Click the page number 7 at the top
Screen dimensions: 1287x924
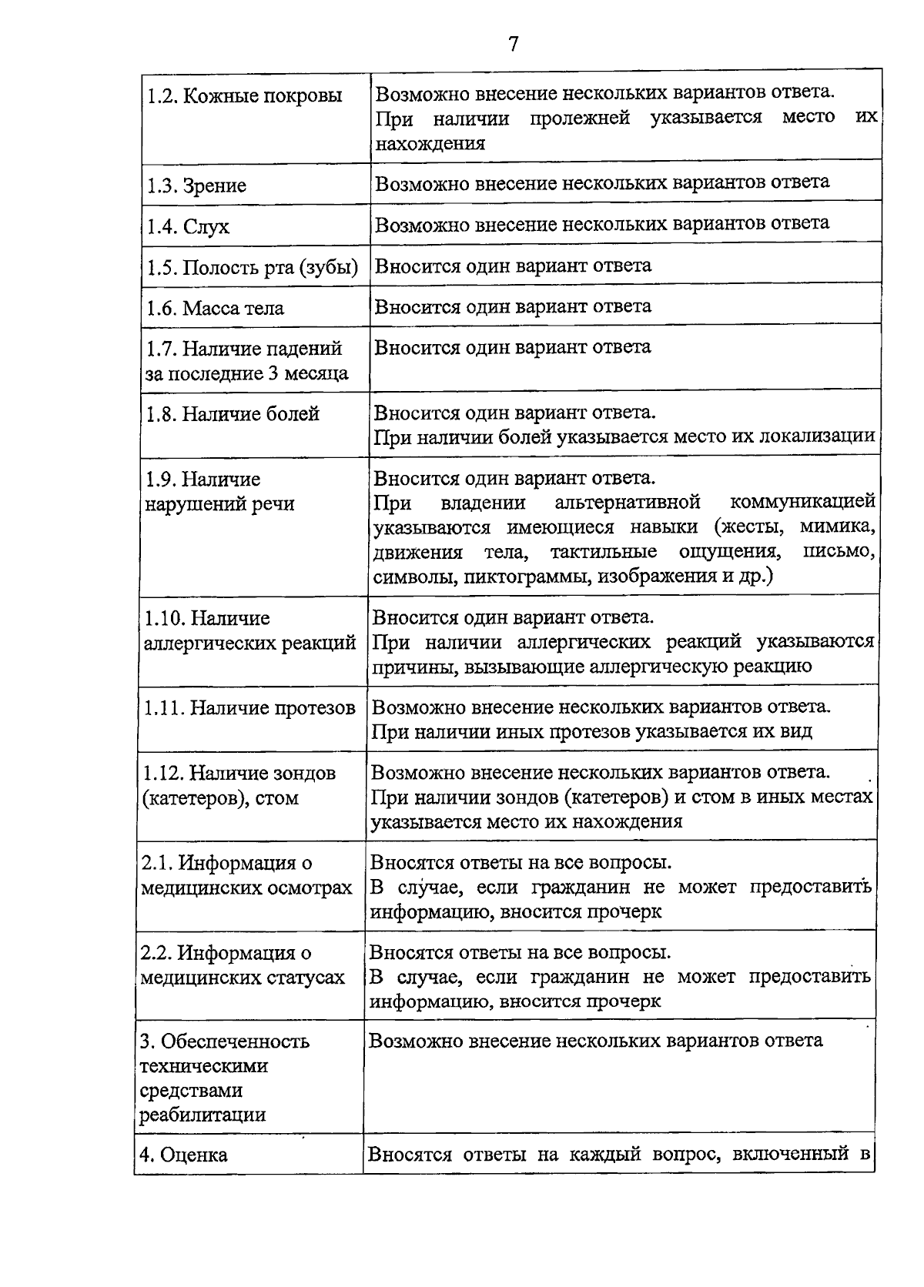pyautogui.click(x=513, y=44)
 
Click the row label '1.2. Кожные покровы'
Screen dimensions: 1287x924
pyautogui.click(x=244, y=97)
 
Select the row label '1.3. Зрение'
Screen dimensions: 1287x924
pyautogui.click(x=196, y=186)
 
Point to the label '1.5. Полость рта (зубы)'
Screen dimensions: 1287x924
pyautogui.click(x=252, y=268)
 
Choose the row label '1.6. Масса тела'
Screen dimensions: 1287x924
pyautogui.click(x=215, y=309)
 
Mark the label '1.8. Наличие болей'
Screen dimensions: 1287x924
pyautogui.click(x=232, y=414)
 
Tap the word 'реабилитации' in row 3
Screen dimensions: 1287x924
pyautogui.click(x=203, y=1115)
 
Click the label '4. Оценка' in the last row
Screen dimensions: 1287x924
pyautogui.click(x=183, y=1155)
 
